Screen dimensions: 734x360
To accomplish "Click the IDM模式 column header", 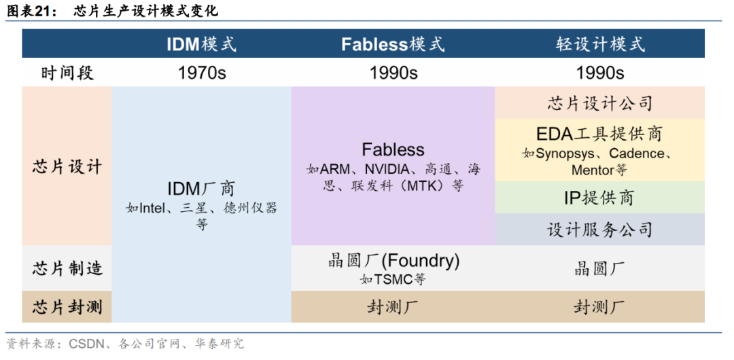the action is (202, 44).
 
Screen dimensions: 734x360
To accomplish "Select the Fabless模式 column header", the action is (393, 44).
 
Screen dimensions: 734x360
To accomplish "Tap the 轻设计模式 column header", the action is (600, 44).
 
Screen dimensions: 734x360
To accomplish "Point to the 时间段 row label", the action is (67, 73).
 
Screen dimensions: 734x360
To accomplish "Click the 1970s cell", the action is (202, 73).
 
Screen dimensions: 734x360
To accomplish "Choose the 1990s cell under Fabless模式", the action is (394, 73).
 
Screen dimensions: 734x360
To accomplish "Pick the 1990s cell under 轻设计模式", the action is (600, 73).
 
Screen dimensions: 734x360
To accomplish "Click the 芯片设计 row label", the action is (67, 166).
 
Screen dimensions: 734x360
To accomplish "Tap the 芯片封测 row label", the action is (67, 307).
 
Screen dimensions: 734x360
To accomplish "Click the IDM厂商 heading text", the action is (201, 189).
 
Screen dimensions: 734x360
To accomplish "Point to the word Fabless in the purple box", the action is (394, 149).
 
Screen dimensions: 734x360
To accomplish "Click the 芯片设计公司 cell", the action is (599, 103).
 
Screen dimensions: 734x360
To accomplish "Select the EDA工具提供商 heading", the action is (599, 134).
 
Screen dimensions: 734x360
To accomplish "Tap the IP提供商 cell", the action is (599, 198).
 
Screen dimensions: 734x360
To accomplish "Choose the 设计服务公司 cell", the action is (599, 230).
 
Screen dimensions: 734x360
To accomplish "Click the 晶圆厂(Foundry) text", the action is (394, 261).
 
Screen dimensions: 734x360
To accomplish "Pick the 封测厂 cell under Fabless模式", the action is (394, 307).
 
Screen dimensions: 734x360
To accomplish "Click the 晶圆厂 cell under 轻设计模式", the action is (599, 269).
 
